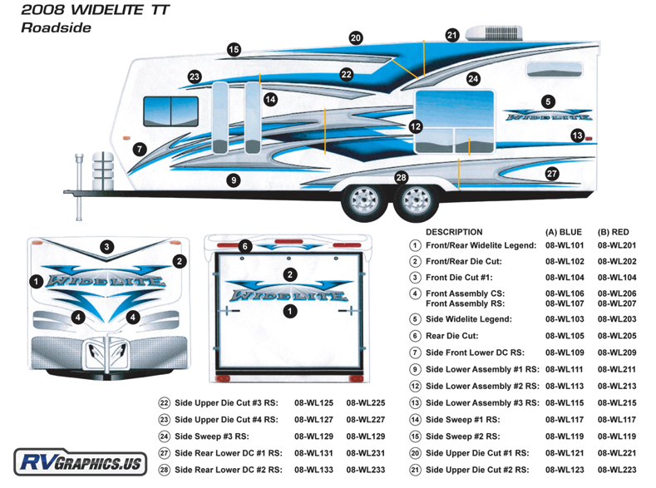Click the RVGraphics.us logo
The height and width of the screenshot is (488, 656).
(81, 462)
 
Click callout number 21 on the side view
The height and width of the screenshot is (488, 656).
(452, 35)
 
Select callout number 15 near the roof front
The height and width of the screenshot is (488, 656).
(234, 50)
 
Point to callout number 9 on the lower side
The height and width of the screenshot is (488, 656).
(234, 180)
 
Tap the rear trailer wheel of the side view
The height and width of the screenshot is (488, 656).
(412, 200)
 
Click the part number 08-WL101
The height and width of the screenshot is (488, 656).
(565, 246)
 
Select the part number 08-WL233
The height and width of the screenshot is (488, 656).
(367, 470)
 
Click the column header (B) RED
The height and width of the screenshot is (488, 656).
(615, 232)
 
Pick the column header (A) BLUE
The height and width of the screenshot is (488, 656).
(564, 232)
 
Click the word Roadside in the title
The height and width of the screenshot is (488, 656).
(57, 27)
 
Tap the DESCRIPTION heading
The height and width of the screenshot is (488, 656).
(453, 232)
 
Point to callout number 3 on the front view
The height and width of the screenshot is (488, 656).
(107, 246)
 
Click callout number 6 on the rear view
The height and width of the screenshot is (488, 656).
(244, 246)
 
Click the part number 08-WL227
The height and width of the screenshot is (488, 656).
(367, 419)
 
